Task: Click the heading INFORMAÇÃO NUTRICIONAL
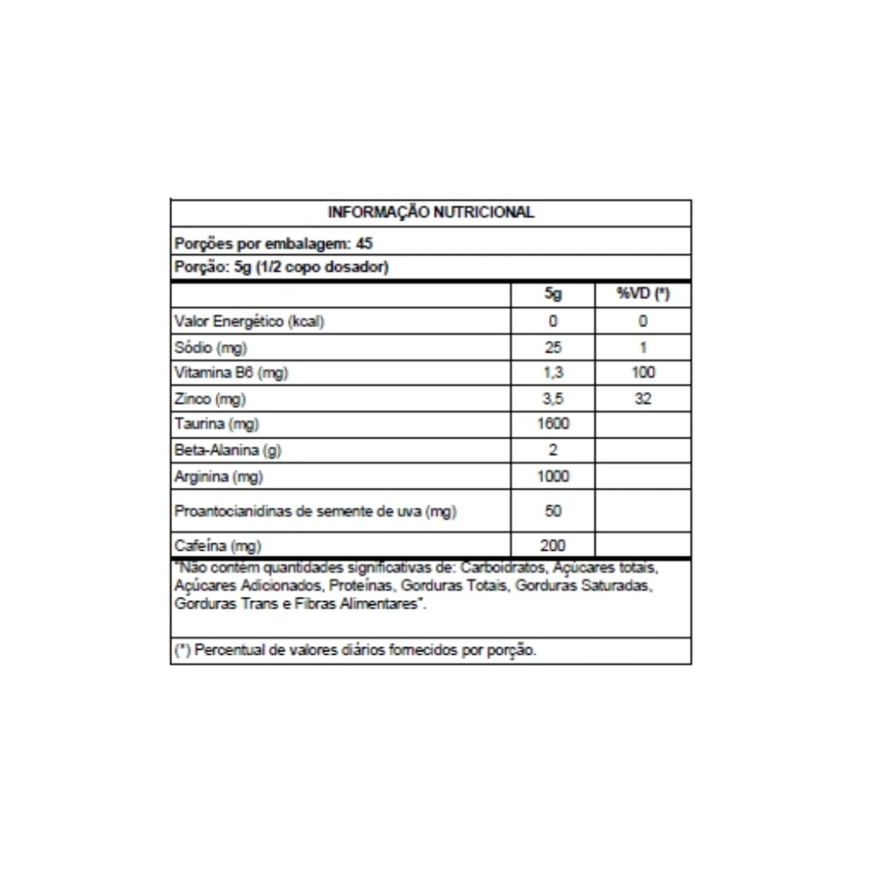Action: coord(431,212)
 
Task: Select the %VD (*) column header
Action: coord(643,294)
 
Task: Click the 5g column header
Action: coord(552,294)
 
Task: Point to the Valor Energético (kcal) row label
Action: coord(249,321)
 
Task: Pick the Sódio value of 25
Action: coord(552,347)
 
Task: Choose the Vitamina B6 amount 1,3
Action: coord(552,373)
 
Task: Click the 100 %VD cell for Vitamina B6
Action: coord(643,373)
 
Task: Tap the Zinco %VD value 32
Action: coord(643,398)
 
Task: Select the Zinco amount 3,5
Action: coord(552,398)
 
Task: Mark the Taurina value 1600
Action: coord(552,424)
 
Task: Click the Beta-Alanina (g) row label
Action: coord(228,450)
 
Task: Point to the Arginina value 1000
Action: coord(552,476)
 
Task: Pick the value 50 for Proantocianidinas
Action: coord(552,511)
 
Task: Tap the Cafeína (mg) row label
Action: coord(217,546)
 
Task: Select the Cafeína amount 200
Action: coord(552,546)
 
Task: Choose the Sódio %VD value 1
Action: coord(643,347)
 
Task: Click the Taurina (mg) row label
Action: coord(217,424)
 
